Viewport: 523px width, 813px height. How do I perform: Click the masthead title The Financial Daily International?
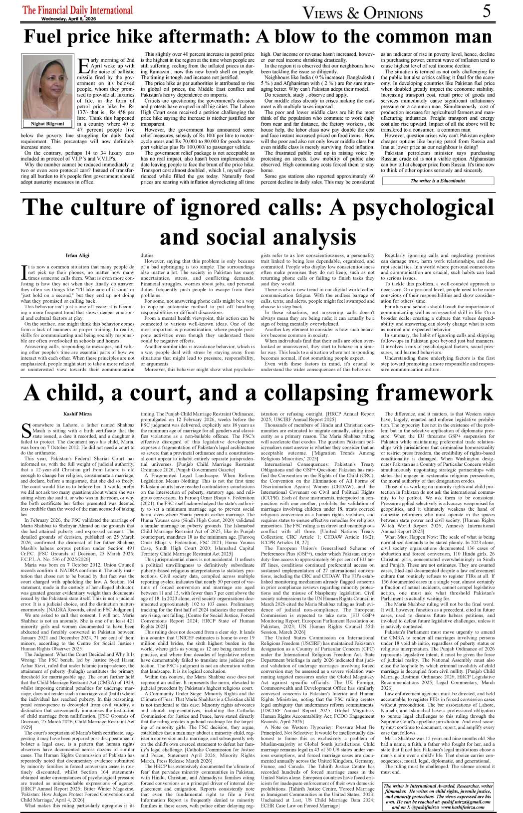[x=78, y=10]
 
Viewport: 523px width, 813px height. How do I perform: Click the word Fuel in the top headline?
[x=49, y=37]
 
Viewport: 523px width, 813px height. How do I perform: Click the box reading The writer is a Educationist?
[x=438, y=181]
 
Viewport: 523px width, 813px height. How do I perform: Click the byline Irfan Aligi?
[x=78, y=255]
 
